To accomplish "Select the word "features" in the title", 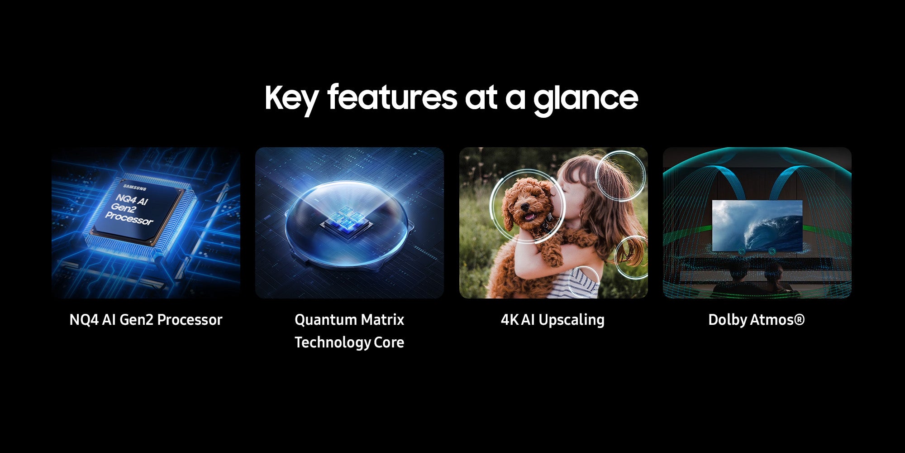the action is pyautogui.click(x=392, y=96).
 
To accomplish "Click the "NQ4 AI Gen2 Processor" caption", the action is pyautogui.click(x=146, y=320).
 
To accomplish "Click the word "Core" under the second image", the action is pyautogui.click(x=389, y=342).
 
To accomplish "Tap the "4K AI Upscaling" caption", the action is pyautogui.click(x=553, y=320).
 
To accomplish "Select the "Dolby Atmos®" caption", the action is pyautogui.click(x=757, y=320).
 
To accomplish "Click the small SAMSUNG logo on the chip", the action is pyautogui.click(x=135, y=188).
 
